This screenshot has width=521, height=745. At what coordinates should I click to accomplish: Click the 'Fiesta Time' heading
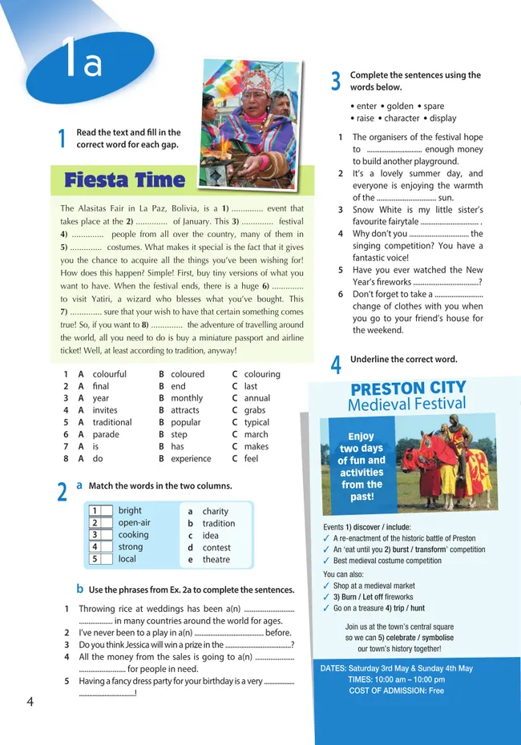[x=124, y=180]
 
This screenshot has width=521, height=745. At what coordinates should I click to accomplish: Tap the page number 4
[x=30, y=702]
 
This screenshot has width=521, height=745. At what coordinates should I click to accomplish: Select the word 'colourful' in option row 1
[x=109, y=374]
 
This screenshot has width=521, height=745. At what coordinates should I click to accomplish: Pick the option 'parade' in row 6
[x=106, y=434]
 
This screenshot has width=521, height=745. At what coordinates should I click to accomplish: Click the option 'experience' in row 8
[x=191, y=459]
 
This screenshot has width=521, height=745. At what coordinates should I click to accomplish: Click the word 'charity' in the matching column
[x=215, y=511]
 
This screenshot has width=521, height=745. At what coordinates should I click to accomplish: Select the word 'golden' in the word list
[x=400, y=106]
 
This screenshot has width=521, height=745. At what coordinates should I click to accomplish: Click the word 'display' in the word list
[x=443, y=118]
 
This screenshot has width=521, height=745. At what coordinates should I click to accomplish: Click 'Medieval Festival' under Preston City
[x=407, y=405]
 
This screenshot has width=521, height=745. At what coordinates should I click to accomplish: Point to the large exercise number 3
[x=336, y=81]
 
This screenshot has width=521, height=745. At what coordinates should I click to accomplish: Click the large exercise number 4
[x=336, y=365]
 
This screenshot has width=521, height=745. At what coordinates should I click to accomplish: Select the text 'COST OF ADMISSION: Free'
[x=396, y=691]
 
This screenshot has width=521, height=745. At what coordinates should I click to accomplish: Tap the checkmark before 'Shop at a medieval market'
[x=326, y=586]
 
